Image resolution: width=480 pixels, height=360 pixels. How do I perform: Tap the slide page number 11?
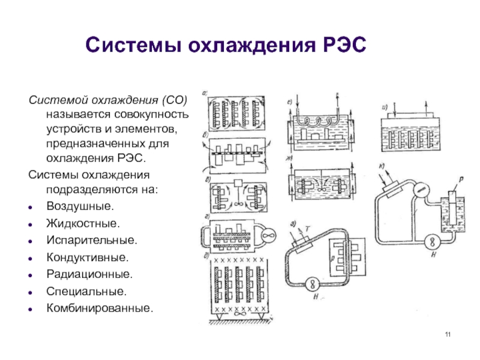pyautogui.click(x=448, y=334)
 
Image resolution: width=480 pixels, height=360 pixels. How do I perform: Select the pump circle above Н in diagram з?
pyautogui.click(x=311, y=283)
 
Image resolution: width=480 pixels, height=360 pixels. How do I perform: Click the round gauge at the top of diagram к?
pyautogui.click(x=422, y=190)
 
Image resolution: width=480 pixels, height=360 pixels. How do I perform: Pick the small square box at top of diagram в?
pyautogui.click(x=238, y=182)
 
